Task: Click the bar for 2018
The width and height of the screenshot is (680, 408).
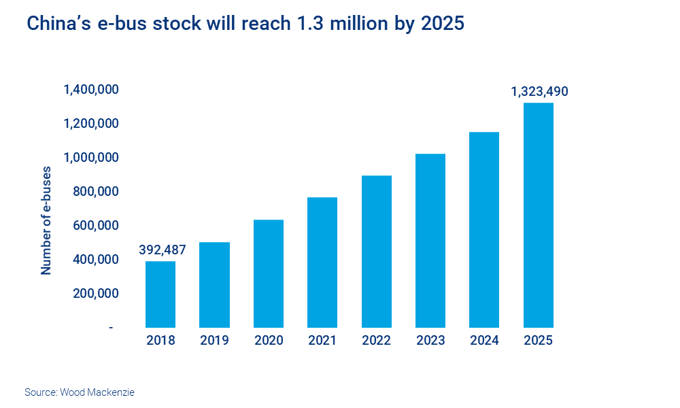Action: coord(160,294)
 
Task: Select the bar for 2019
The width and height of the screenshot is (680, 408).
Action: coord(214,285)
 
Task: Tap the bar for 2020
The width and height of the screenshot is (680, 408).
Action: coord(268,273)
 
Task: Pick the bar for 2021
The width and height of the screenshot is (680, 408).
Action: coord(322,262)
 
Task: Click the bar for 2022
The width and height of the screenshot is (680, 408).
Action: coord(376,252)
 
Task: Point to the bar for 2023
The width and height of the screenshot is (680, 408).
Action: coord(430,241)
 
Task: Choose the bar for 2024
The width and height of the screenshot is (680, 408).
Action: coord(484,230)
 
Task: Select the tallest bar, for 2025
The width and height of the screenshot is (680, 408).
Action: coord(538,216)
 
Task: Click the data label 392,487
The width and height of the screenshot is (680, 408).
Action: coord(162,250)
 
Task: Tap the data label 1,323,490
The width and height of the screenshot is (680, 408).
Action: coord(539,91)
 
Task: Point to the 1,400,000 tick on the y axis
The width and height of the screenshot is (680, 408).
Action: coord(92,90)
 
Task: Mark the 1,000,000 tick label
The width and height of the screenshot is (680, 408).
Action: coord(92,158)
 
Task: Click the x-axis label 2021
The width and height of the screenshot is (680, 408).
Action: coord(322,341)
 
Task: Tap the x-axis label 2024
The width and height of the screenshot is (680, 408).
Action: coord(484,341)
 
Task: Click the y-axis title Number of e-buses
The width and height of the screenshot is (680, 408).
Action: coord(46,220)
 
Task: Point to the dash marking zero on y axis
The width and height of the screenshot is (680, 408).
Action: coord(111,328)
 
